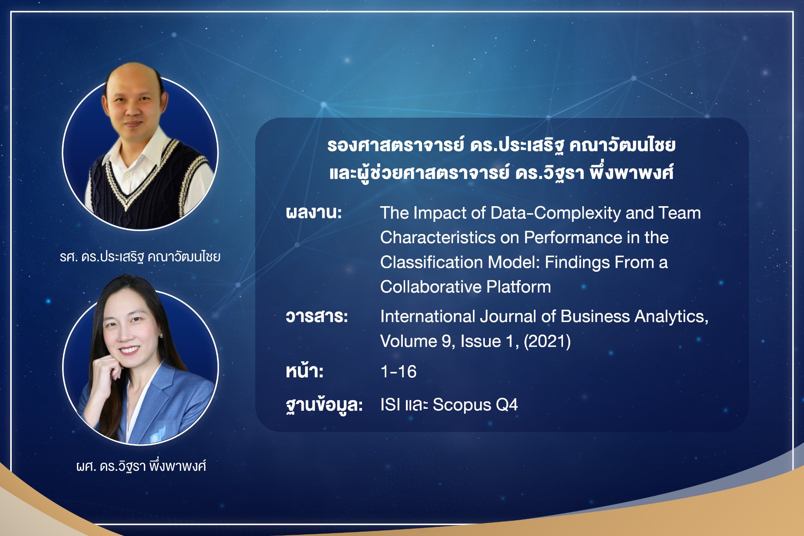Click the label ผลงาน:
(314, 213)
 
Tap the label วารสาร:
(317, 316)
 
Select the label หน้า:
(305, 371)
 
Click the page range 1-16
(398, 371)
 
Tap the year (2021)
(547, 341)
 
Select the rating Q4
(507, 405)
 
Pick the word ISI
(390, 405)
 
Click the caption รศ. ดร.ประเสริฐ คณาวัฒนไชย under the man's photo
(140, 257)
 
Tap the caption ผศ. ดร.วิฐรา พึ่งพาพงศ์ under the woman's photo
(141, 466)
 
